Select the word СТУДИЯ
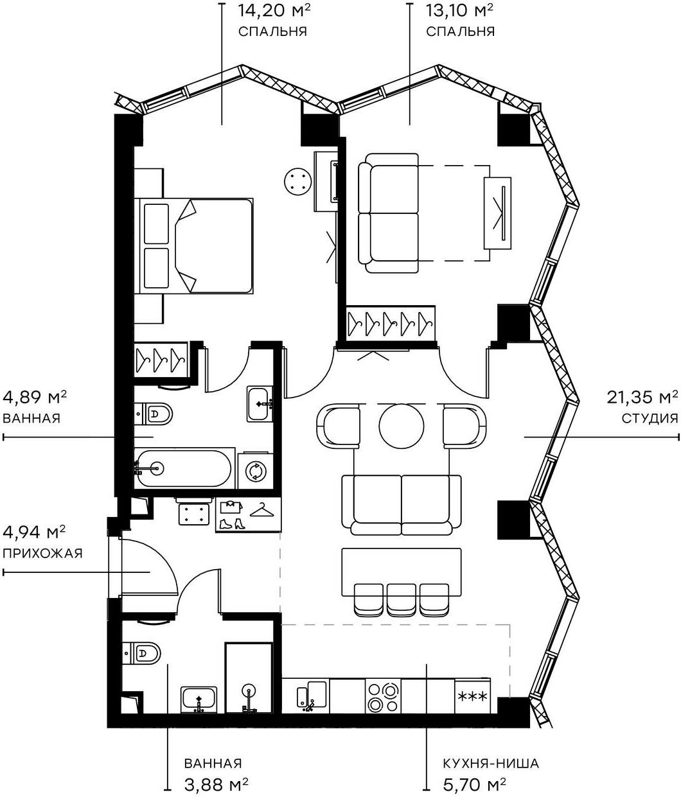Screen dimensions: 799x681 (x=650, y=418)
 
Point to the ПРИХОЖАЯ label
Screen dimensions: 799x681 (x=43, y=553)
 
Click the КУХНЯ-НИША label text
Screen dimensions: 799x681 (x=490, y=764)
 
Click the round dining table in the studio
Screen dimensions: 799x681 (x=402, y=425)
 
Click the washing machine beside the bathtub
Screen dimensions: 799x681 (x=256, y=472)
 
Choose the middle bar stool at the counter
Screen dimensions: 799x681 (x=401, y=599)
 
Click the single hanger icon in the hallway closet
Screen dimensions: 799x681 (x=261, y=509)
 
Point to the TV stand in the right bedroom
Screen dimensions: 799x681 (x=499, y=212)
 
